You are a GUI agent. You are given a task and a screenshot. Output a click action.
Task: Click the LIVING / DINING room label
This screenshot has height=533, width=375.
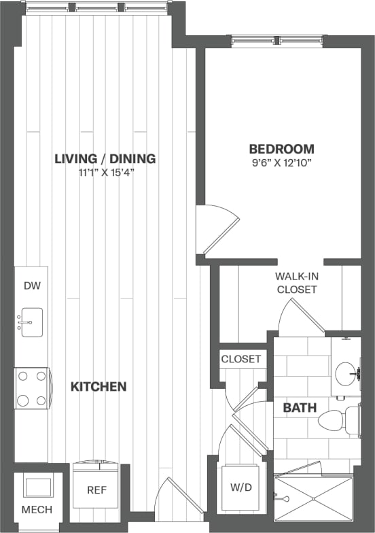pyautogui.click(x=105, y=159)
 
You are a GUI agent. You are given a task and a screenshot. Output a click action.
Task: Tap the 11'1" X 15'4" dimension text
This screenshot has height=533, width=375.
pyautogui.click(x=105, y=172)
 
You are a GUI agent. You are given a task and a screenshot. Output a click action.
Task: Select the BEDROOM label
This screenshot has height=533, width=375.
pyautogui.click(x=281, y=149)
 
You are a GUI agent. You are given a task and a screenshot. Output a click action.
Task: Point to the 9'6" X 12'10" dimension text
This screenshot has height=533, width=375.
pyautogui.click(x=281, y=162)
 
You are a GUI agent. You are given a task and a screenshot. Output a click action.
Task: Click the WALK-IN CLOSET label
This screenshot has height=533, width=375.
pyautogui.click(x=297, y=283)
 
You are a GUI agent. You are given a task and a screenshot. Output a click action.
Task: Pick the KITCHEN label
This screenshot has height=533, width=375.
pyautogui.click(x=99, y=387)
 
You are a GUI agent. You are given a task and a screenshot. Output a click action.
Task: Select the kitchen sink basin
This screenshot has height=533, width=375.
pyautogui.click(x=31, y=322)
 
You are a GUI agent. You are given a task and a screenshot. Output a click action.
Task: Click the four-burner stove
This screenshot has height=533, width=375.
pyautogui.click(x=32, y=388)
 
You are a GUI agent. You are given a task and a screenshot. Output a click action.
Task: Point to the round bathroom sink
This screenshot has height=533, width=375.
pyautogui.click(x=346, y=373)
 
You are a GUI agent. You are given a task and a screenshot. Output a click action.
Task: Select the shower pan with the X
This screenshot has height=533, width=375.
pyautogui.click(x=313, y=500)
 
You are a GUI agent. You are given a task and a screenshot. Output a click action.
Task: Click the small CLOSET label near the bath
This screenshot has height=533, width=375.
pyautogui.click(x=241, y=359)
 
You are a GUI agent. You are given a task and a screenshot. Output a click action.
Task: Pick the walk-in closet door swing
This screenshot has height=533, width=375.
pyautogui.click(x=299, y=316)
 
